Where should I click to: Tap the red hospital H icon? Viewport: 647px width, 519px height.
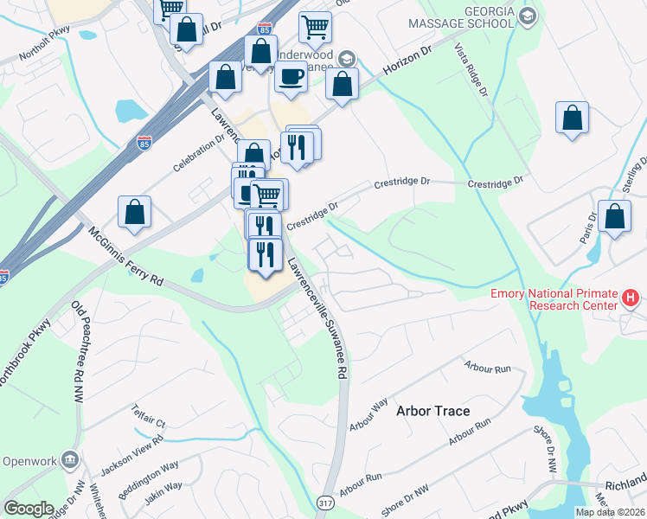[631, 299]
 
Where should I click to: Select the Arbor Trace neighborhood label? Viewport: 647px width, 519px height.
[433, 411]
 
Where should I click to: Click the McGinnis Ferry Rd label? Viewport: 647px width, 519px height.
[125, 257]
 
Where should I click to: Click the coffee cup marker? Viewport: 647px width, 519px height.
[291, 76]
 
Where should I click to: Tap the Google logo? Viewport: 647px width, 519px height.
[28, 508]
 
